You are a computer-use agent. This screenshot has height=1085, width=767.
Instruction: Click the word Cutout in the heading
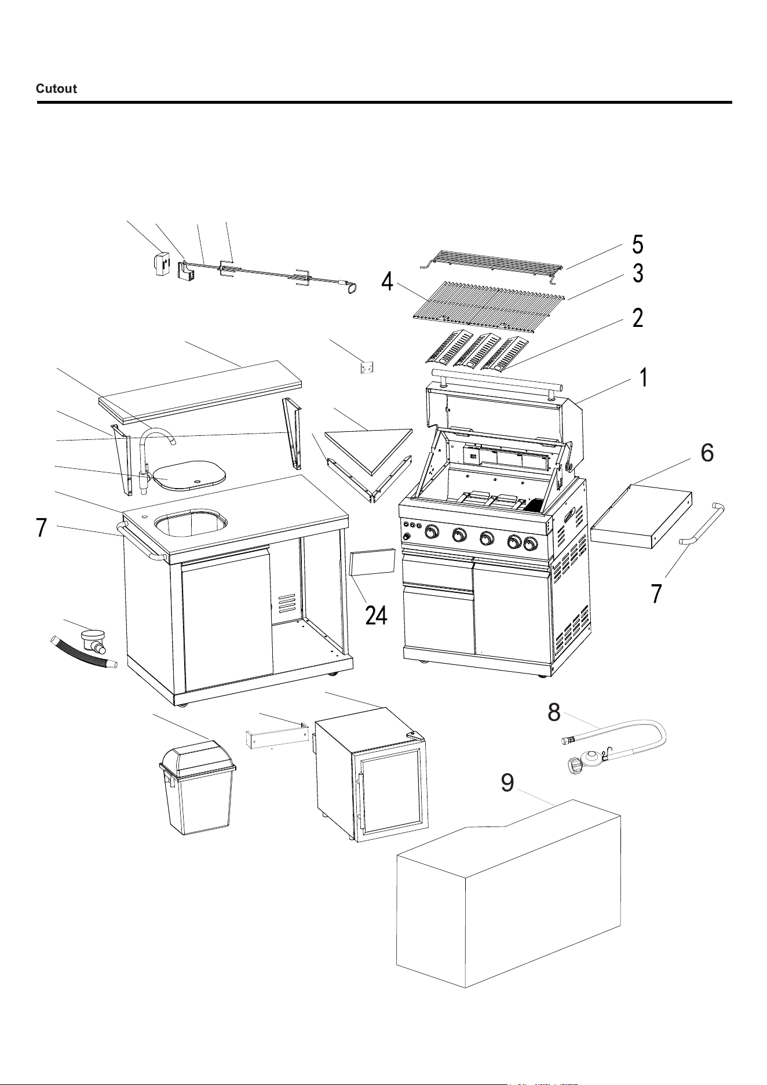(x=56, y=89)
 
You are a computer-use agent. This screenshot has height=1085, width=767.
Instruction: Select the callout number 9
(x=507, y=783)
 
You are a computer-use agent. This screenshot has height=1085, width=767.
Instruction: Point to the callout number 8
(x=554, y=713)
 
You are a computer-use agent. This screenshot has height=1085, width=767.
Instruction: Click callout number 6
(x=707, y=453)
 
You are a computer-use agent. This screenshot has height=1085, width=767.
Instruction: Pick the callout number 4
(x=388, y=282)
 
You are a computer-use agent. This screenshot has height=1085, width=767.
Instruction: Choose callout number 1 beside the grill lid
(x=642, y=378)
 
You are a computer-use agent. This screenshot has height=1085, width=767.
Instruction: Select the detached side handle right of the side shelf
(x=702, y=522)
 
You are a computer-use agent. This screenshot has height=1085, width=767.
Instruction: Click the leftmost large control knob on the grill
(x=432, y=531)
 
